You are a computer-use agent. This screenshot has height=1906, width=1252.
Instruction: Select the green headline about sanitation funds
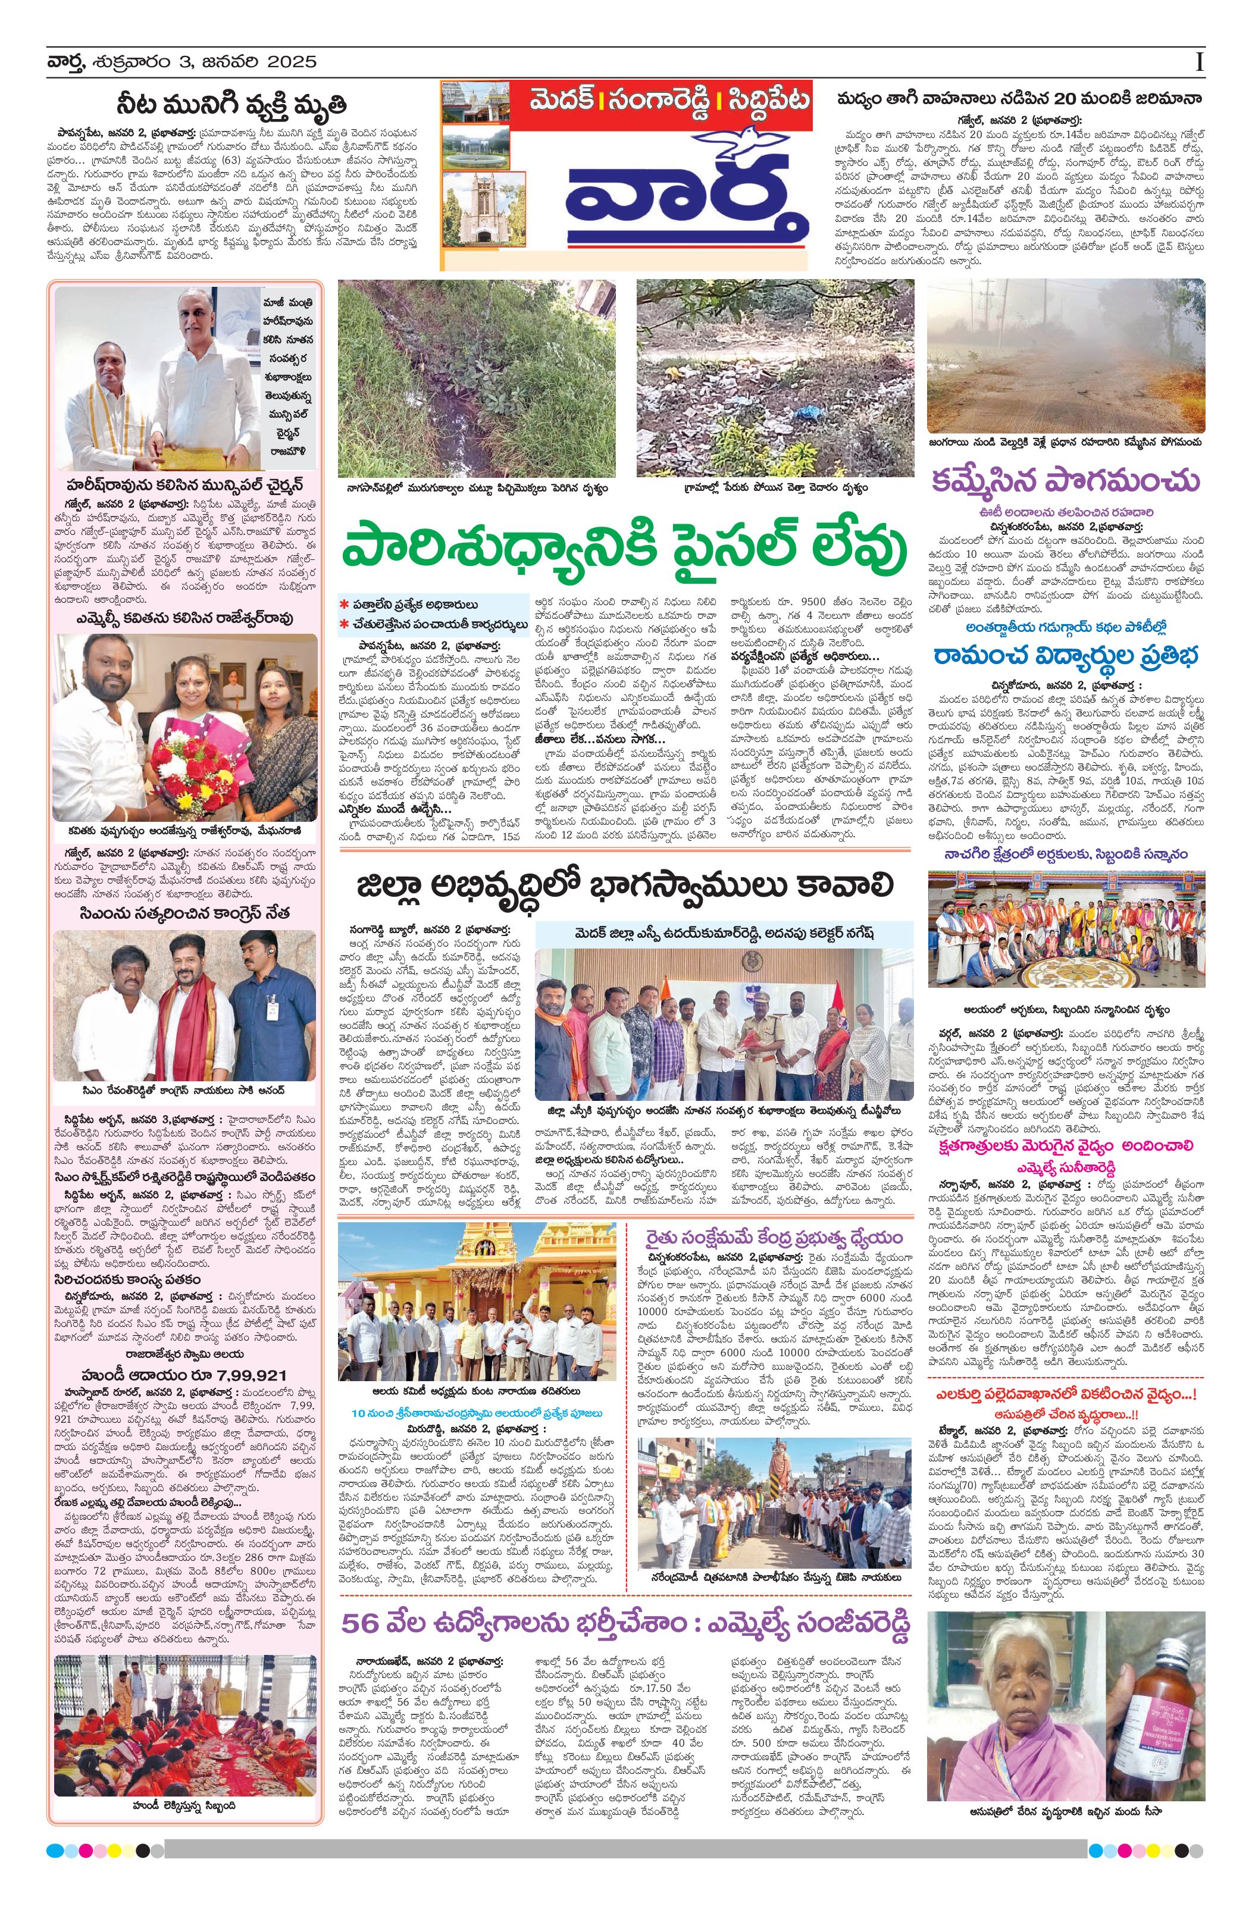(625, 550)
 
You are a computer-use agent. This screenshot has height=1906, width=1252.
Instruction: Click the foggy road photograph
(1065, 356)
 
